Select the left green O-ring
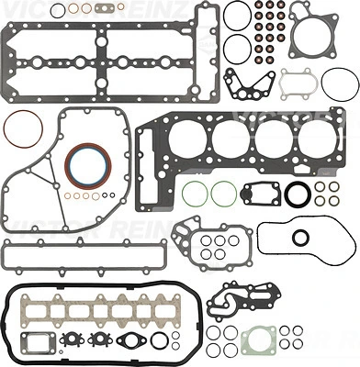(192, 196)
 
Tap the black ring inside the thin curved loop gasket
(298, 239)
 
